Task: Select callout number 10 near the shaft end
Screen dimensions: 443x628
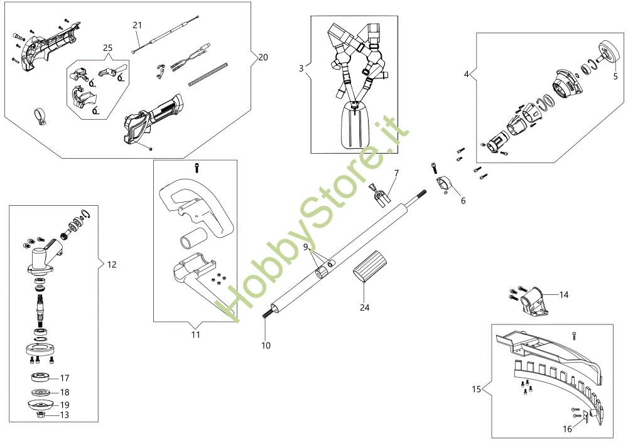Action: (x=266, y=346)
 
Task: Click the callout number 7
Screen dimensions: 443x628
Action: (x=396, y=173)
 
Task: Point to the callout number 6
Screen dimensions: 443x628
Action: (x=463, y=201)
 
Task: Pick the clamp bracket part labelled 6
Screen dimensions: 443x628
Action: (x=445, y=183)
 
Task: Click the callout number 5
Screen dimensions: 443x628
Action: (x=615, y=78)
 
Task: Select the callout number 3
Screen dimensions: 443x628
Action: (x=301, y=68)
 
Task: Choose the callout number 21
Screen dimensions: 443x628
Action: (x=138, y=25)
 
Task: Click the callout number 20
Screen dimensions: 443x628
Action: (x=263, y=57)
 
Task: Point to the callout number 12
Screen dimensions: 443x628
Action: (x=112, y=265)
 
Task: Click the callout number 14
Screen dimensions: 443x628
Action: (x=563, y=294)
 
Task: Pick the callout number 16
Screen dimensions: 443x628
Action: (x=567, y=429)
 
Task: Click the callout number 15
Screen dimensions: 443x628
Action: (x=476, y=389)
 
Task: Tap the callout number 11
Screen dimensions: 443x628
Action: (x=195, y=335)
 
